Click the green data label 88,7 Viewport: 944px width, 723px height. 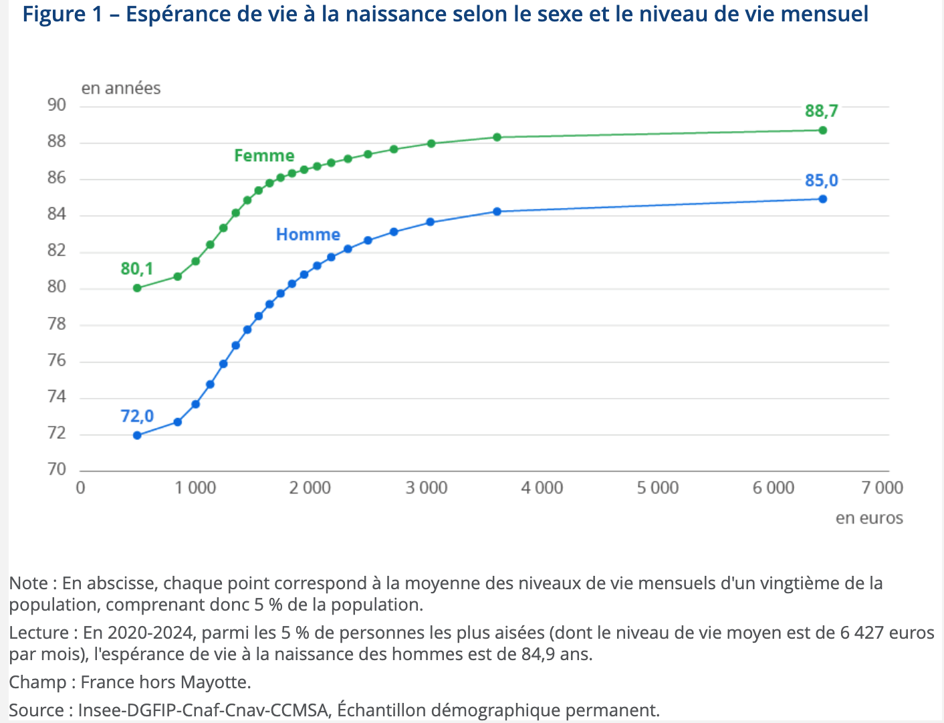(821, 111)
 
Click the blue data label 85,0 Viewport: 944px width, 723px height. (821, 181)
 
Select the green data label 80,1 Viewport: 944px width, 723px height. (137, 269)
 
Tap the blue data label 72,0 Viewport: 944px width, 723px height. (137, 416)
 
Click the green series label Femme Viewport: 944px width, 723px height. (264, 156)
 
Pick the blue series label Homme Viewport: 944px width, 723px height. (308, 235)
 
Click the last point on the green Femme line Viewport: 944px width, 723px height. (822, 130)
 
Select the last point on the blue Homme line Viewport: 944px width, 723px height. (822, 199)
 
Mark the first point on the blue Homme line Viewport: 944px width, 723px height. (137, 435)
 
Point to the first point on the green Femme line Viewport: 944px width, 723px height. (137, 288)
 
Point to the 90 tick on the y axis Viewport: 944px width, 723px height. (57, 105)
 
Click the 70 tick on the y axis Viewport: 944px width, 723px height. (57, 470)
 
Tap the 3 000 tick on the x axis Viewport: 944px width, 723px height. (427, 488)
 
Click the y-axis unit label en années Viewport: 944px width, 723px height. (121, 88)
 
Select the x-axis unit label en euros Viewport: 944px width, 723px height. (869, 518)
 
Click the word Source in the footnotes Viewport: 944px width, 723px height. (37, 710)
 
